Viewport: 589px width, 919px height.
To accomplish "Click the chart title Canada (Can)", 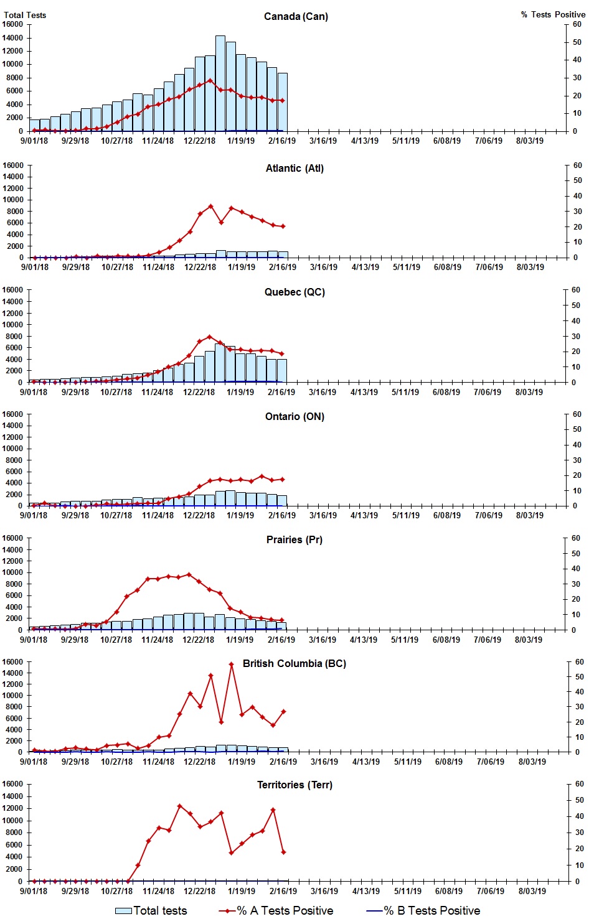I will pyautogui.click(x=296, y=16).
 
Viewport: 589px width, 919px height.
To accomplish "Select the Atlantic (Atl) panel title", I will pyautogui.click(x=294, y=168).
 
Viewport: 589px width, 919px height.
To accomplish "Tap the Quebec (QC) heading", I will pyautogui.click(x=294, y=292).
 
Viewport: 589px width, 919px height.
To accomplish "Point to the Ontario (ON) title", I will pyautogui.click(x=294, y=416).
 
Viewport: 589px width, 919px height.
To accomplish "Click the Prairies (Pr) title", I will pyautogui.click(x=294, y=539).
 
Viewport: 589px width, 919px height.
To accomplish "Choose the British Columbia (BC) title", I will pyautogui.click(x=294, y=663).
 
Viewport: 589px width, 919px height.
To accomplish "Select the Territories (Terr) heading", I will pyautogui.click(x=294, y=785).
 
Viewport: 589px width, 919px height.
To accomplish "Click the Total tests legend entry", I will pyautogui.click(x=151, y=910).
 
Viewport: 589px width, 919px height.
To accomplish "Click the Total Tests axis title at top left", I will pyautogui.click(x=25, y=15).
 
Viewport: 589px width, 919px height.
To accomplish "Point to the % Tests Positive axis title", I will pyautogui.click(x=553, y=14).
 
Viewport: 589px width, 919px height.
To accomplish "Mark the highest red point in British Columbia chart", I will pyautogui.click(x=231, y=665).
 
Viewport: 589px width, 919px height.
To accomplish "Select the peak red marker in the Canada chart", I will pyautogui.click(x=210, y=80).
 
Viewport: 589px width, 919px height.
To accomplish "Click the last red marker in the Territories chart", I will pyautogui.click(x=283, y=852).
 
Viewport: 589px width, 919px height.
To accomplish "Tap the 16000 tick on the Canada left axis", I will pyautogui.click(x=12, y=24).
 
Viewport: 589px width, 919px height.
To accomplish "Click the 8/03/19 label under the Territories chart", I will pyautogui.click(x=532, y=891).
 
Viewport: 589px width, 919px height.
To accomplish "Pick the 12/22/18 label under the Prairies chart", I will pyautogui.click(x=198, y=640).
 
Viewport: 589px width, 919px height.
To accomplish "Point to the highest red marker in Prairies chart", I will pyautogui.click(x=189, y=574).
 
